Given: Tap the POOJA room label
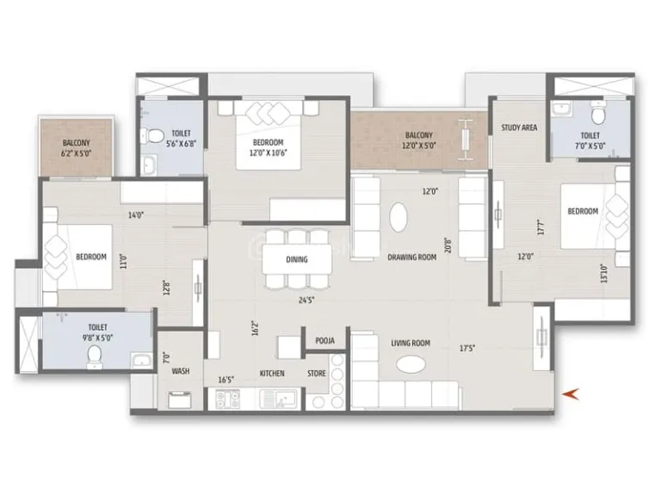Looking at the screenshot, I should click(x=324, y=340).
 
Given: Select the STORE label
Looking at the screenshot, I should click(x=318, y=374).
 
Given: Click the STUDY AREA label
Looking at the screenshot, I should click(x=519, y=127).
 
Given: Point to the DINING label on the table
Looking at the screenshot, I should click(x=296, y=258).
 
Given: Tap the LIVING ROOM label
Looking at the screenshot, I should click(x=410, y=343).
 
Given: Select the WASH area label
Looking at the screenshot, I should click(x=180, y=372).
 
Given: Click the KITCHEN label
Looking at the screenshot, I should click(x=272, y=374).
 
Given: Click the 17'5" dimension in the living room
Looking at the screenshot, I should click(x=467, y=349).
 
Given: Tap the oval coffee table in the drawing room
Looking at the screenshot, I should click(x=399, y=216).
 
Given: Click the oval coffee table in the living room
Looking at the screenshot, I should click(x=411, y=365).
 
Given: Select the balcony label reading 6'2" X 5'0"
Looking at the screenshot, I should click(x=76, y=148).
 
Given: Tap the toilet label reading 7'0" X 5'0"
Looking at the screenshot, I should click(x=590, y=140).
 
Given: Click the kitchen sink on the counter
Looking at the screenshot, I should click(x=287, y=400).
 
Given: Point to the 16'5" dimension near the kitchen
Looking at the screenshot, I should click(x=227, y=379).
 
